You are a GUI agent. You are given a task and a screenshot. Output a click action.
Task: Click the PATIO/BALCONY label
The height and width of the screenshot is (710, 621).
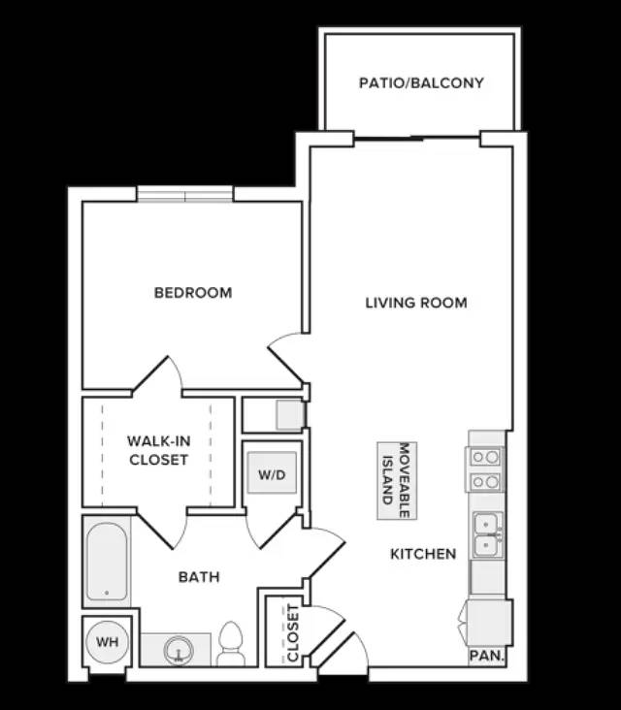tap(421, 82)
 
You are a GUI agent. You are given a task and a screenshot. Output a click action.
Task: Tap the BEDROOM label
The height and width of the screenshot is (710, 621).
tap(193, 293)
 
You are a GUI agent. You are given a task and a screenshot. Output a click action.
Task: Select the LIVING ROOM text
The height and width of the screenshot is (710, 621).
tap(416, 303)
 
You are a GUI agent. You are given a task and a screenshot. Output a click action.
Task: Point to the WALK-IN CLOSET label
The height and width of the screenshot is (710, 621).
tap(158, 450)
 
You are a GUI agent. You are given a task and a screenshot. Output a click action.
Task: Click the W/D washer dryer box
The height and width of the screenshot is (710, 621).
tap(272, 472)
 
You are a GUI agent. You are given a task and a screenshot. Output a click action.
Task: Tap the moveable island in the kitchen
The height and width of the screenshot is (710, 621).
tap(397, 480)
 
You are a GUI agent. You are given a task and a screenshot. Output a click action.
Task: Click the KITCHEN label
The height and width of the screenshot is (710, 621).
tap(423, 554)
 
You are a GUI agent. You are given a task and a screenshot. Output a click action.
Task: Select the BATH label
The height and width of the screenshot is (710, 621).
tap(199, 577)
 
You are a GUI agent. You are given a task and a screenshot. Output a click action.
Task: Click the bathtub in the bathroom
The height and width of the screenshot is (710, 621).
tap(107, 562)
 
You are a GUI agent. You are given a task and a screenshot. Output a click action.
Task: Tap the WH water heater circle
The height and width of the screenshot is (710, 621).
tap(108, 642)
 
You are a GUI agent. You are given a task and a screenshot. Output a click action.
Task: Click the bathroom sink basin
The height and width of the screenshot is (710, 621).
tap(179, 651)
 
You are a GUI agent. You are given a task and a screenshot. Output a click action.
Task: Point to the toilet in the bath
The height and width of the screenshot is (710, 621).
tap(231, 643)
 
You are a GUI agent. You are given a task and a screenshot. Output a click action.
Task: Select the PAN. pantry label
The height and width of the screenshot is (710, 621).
tap(486, 656)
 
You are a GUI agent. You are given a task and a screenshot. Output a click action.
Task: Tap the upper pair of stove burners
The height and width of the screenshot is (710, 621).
tap(484, 457)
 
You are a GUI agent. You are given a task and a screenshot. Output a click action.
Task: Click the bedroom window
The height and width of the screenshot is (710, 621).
tap(184, 195)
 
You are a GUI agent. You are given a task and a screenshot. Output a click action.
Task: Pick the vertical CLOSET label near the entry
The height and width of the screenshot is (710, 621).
tap(293, 633)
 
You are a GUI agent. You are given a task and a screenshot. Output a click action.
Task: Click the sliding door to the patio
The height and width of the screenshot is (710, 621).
tap(416, 138)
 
